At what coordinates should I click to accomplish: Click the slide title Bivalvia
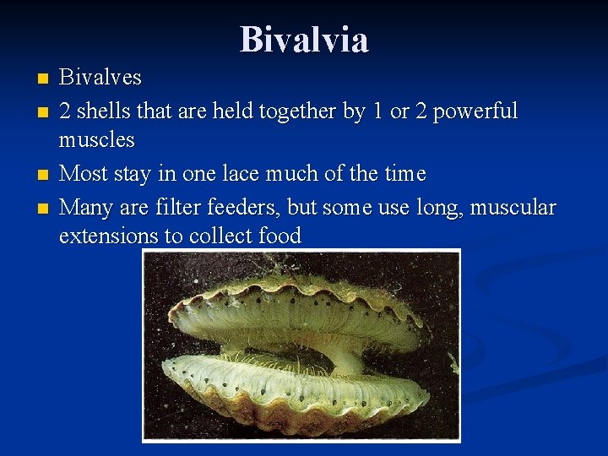304,39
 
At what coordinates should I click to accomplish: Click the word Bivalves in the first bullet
100,79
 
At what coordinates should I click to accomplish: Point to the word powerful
474,111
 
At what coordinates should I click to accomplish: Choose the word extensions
109,236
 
